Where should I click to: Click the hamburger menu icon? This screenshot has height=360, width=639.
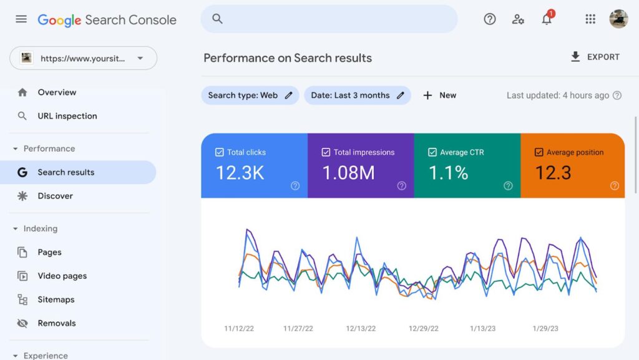coord(21,19)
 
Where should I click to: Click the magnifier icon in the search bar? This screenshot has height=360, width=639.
coord(217,19)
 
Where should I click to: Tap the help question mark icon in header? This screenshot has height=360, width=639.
coord(490,19)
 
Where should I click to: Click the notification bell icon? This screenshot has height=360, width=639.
coord(547,19)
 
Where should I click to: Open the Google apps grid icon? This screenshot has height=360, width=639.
coord(590,19)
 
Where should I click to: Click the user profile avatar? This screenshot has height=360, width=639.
coord(618,19)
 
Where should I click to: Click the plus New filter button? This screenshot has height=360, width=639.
coord(439,95)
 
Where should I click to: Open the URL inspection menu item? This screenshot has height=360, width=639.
coord(67,116)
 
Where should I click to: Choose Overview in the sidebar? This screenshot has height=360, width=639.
coord(57,92)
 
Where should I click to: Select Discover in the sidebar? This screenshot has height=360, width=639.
coord(55,196)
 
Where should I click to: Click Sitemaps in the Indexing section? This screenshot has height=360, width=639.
coord(56,299)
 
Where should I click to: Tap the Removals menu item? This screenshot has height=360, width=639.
coord(56,323)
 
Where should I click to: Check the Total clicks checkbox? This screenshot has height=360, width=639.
coord(219,152)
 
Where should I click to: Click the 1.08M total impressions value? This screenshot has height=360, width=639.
coord(348,173)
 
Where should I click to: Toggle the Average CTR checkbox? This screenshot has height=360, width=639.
coord(432,152)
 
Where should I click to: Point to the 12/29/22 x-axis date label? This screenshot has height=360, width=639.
coord(424,328)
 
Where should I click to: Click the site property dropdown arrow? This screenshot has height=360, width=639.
coord(140,59)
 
